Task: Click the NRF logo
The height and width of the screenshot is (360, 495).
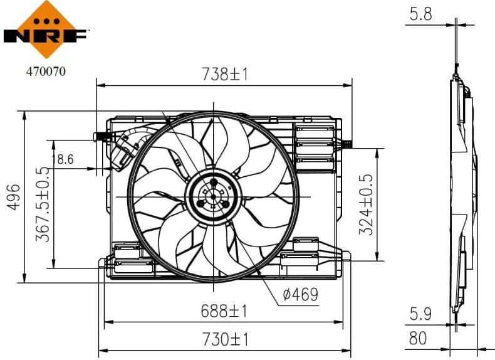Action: pos(45,28)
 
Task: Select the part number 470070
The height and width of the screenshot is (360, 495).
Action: pos(45,71)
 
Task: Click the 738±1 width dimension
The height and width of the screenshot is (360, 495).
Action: pos(224,75)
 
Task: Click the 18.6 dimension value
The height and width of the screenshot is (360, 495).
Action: pos(63,159)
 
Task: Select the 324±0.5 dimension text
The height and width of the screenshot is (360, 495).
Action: pos(368,204)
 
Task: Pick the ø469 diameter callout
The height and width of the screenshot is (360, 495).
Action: pos(300,294)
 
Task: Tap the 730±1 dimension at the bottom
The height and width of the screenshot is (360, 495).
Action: pos(224,340)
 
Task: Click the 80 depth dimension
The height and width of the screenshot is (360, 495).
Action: pos(417,339)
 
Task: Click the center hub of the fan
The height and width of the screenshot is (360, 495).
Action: pos(212,196)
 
